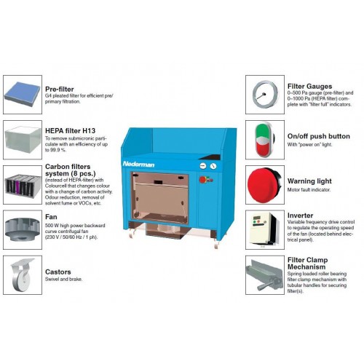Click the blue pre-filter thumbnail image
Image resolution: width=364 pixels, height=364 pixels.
[23, 94]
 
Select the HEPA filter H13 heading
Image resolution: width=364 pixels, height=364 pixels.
[70, 130]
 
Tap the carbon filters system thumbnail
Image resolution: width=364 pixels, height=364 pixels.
[23, 185]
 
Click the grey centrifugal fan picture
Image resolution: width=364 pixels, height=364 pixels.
[23, 229]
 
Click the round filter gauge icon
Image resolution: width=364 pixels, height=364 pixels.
[265, 95]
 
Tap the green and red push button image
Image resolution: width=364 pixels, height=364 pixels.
[264, 140]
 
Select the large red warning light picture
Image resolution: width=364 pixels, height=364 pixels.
[264, 185]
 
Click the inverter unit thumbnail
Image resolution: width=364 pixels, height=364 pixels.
[264, 229]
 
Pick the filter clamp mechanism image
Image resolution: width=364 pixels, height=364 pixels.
[264, 275]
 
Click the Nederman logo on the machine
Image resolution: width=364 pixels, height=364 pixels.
[138, 165]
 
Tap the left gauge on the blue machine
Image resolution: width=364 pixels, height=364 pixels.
[203, 166]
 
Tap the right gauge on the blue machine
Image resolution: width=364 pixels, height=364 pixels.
[213, 166]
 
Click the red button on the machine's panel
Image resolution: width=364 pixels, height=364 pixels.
[202, 180]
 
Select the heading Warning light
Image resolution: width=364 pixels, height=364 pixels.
[309, 181]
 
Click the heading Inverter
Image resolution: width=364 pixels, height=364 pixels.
[300, 215]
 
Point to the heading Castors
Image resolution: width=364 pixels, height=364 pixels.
[58, 272]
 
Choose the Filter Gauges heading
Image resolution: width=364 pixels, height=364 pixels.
[309, 87]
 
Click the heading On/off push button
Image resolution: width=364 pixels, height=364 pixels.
[319, 136]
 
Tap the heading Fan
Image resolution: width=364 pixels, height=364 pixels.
[51, 217]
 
